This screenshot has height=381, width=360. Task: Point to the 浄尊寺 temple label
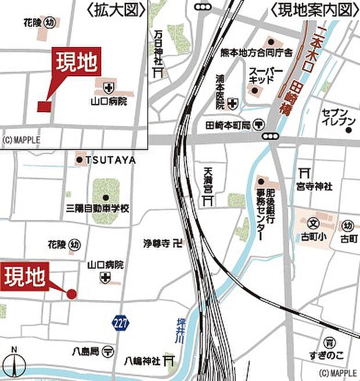157,244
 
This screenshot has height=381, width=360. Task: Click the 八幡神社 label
142,361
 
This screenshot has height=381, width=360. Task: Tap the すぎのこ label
330,354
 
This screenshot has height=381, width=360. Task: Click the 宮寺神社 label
313,186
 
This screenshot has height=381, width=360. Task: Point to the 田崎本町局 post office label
228,125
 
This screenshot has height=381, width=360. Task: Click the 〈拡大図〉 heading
114,9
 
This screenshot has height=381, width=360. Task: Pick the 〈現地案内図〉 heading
312,9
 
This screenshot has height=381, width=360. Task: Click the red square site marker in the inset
44,106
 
